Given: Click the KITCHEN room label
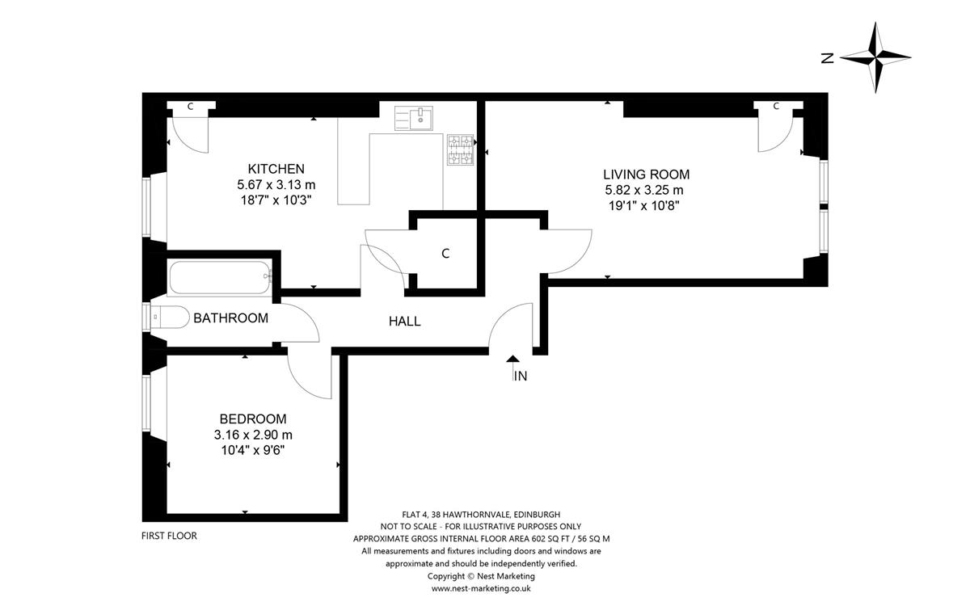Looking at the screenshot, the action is coord(276,169).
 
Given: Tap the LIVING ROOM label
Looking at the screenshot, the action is coord(646,175).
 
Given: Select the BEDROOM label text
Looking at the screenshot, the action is coord(253,419).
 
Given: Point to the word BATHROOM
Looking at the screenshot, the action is coord(231,318).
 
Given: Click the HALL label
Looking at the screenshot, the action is coord(404,322).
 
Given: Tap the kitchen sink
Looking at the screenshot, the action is coord(414,118).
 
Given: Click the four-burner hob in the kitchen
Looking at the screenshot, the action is coord(460,149).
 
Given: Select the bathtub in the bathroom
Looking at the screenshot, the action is coord(220,277).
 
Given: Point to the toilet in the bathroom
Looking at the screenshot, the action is coord(170,318).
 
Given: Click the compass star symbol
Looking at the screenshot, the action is coord(875,57).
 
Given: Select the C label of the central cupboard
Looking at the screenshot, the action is coord(445,254).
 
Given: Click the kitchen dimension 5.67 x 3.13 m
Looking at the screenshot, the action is coord(276,185).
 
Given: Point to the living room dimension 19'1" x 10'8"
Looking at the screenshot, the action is coord(644,205).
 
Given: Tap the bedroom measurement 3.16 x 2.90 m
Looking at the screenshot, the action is coord(253,435).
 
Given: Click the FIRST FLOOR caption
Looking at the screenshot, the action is coord(169,536).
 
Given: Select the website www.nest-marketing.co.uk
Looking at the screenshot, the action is coord(481,589).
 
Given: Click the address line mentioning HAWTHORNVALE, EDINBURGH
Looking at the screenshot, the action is coord(481,515).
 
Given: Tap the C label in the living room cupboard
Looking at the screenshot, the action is coord(776,106).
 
